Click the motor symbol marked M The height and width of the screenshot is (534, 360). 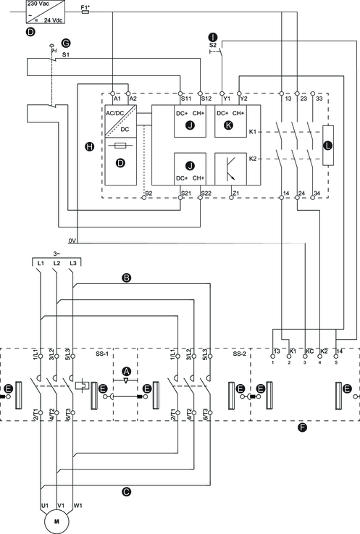tap(56, 522)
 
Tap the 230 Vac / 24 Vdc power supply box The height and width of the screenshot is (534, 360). tap(46, 12)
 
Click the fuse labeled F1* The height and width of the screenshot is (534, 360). tap(85, 12)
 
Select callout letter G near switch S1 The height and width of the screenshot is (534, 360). tap(66, 43)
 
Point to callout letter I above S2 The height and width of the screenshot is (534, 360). tap(213, 37)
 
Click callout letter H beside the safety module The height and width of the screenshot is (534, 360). tap(89, 147)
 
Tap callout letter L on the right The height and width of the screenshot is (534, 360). tap(328, 146)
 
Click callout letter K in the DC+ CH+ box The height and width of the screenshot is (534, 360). tap(229, 125)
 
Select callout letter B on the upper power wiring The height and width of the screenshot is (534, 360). tap(126, 278)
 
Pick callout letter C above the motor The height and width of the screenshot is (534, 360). tap(126, 492)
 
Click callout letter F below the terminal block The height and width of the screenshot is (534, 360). tap(302, 427)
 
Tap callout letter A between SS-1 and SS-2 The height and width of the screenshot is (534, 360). tap(126, 372)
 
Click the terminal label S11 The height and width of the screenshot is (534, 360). tap(186, 99)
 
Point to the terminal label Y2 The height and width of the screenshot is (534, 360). tap(244, 99)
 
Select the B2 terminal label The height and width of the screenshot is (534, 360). tap(148, 193)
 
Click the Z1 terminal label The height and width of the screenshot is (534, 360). tap(235, 193)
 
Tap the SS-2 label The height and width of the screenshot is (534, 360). tap(240, 354)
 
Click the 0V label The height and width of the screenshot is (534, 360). tap(72, 241)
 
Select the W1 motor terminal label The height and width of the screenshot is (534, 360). tap(78, 506)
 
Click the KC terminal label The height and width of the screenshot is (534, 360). tap(309, 351)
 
